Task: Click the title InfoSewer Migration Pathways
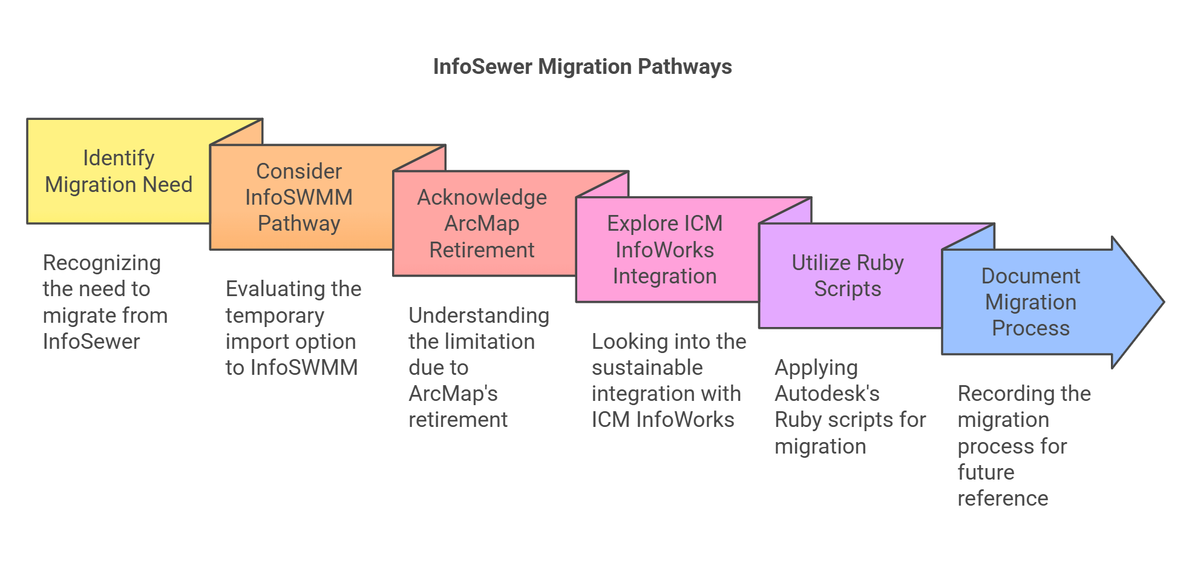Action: (x=582, y=67)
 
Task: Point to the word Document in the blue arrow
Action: (x=1030, y=276)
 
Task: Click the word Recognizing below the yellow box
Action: (x=102, y=263)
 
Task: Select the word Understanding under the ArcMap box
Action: (x=479, y=316)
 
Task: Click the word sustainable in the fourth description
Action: (x=647, y=368)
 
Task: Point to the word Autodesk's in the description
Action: (x=827, y=394)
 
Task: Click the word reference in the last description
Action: (x=1002, y=498)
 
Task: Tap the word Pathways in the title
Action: (x=684, y=67)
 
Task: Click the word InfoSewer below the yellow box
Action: (x=91, y=342)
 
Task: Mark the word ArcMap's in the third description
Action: (x=453, y=394)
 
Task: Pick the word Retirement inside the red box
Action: (x=482, y=250)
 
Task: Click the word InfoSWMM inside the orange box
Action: (x=299, y=197)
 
